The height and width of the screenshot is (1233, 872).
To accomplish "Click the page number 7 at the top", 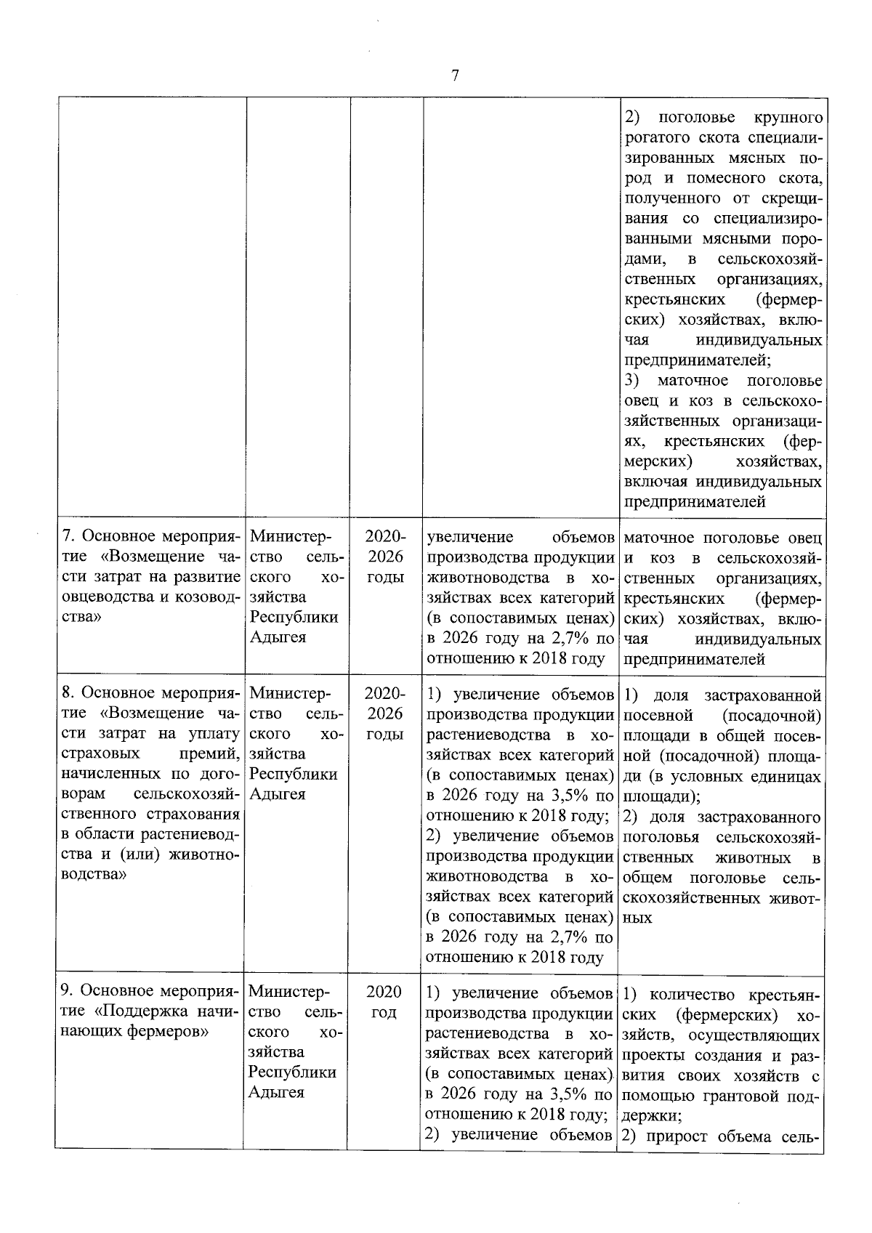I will pos(454,76).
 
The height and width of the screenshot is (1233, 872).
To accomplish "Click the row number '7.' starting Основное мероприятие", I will pos(68,537).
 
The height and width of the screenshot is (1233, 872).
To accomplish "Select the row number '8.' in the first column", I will pos(68,694).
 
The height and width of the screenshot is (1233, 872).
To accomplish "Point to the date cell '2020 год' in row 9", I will pos(384,1001).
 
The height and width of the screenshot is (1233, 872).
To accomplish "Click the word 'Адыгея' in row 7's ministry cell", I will pos(278,637).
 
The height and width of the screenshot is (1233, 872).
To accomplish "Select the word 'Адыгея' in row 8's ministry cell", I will pos(278,794).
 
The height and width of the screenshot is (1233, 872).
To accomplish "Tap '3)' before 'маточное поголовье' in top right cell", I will pos(632,381).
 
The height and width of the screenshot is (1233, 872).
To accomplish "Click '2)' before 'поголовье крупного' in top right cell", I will pos(632,118).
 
